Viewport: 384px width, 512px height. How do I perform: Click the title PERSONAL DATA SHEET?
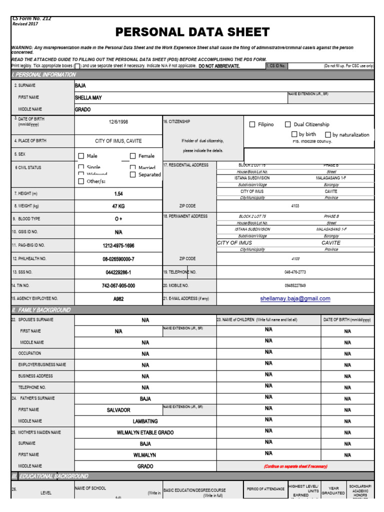192,32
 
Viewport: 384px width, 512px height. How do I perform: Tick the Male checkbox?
81,156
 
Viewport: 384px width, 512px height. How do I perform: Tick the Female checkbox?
133,156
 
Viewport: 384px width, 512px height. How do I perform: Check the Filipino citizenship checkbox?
252,124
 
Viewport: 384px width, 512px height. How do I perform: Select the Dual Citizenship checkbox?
288,124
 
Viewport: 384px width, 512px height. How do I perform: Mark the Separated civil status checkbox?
133,175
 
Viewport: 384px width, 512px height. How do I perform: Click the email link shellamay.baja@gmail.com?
295,298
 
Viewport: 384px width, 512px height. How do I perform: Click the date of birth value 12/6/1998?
118,121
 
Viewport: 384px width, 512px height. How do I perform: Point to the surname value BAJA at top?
80,86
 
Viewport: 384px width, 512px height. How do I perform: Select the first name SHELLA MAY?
88,98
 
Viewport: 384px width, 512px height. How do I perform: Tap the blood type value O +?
118,219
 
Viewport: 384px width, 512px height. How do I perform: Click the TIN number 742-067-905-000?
118,285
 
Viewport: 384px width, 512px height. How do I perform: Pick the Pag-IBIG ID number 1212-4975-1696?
118,246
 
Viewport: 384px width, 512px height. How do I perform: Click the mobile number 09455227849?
295,285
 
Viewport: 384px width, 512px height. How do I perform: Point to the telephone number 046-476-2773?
295,272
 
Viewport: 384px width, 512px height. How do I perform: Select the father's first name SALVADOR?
118,410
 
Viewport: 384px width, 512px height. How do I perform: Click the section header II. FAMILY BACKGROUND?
41,310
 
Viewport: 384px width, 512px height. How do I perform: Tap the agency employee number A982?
118,298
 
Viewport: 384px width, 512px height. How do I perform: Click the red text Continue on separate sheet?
295,466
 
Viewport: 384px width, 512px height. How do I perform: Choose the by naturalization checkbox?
328,135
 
